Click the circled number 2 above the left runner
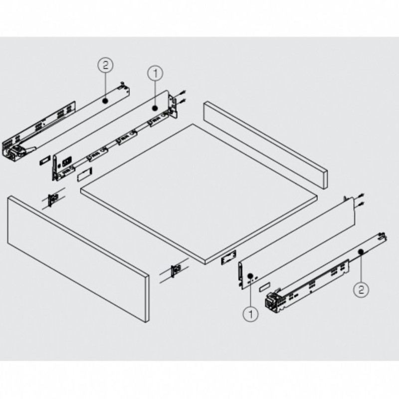click(105, 65)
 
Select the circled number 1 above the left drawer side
click(155, 73)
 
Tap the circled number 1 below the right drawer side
click(251, 314)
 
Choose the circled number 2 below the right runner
click(361, 289)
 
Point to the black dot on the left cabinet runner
click(105, 101)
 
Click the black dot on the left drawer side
click(155, 108)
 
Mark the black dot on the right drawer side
click(250, 275)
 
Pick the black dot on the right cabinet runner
click(361, 252)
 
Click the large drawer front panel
click(78, 259)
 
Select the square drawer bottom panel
click(199, 194)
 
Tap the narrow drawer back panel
click(265, 145)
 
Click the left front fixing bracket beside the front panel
click(53, 199)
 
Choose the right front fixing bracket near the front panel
click(176, 270)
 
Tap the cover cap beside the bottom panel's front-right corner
click(228, 258)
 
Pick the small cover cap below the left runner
click(44, 161)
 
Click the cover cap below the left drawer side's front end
click(84, 174)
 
